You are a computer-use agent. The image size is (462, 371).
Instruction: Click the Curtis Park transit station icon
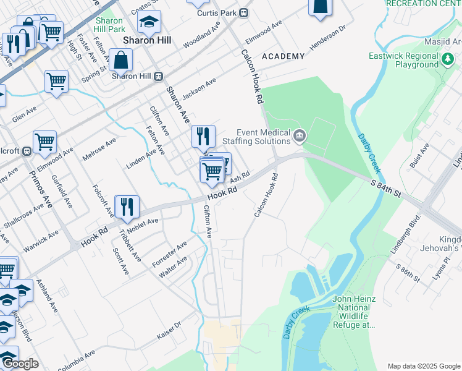pos(244,12)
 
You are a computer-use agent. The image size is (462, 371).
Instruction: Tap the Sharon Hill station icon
pos(159,76)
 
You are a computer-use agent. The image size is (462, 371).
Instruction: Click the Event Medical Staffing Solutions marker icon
pos(300,135)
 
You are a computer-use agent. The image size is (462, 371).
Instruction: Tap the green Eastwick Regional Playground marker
pos(448,60)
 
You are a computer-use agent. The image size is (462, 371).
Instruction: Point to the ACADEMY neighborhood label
pos(283,56)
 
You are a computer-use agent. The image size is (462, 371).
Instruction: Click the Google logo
pos(20,364)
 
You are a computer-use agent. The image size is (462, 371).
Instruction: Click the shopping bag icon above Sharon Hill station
pos(121,60)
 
